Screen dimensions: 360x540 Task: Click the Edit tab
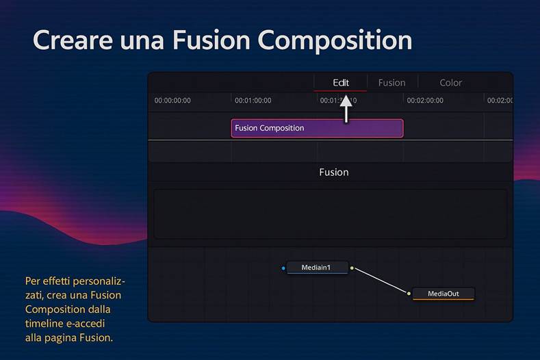coord(341,83)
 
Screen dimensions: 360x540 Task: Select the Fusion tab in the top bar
coord(391,83)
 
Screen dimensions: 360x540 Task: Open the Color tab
coord(450,83)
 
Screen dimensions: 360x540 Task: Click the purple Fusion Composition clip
coord(317,128)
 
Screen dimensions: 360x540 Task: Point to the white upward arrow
coord(346,109)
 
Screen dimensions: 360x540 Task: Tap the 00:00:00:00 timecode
coord(172,101)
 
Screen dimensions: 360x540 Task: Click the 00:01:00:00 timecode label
coord(253,101)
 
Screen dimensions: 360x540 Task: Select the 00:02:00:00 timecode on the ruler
coord(425,101)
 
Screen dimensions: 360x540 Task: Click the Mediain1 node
coord(316,268)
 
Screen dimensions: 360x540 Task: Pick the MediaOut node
coord(443,294)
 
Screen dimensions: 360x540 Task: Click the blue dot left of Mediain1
coord(283,268)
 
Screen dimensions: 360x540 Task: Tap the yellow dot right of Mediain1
coord(352,268)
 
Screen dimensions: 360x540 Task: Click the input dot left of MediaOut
coord(409,294)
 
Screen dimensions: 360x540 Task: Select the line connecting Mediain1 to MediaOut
coord(380,281)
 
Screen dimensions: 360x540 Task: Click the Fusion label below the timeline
coord(334,172)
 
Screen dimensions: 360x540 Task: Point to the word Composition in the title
coord(335,40)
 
